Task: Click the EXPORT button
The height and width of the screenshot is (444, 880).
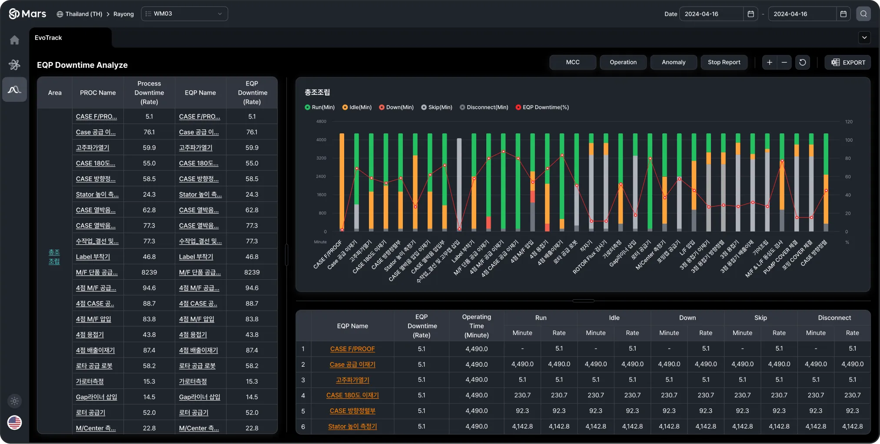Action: (x=848, y=63)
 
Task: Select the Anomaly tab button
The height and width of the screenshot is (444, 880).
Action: (x=673, y=63)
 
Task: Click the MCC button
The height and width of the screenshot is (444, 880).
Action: (x=572, y=63)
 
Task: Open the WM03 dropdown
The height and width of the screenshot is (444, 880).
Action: (x=184, y=14)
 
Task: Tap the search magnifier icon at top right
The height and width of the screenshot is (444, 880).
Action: (x=863, y=14)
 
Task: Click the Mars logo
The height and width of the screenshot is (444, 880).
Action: (x=27, y=14)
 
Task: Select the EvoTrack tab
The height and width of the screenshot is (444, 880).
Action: (x=48, y=38)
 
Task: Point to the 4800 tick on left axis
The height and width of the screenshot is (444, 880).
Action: (x=321, y=122)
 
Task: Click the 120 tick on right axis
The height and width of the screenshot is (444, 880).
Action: (x=849, y=122)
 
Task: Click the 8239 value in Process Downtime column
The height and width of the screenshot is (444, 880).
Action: (x=149, y=272)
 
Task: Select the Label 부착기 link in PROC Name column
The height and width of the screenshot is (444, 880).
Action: (x=93, y=257)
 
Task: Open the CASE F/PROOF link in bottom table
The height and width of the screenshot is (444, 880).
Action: (x=352, y=349)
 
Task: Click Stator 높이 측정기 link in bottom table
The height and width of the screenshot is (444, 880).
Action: (x=352, y=427)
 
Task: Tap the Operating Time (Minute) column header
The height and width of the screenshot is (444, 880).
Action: (x=476, y=326)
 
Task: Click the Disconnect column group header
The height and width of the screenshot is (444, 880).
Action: (x=834, y=318)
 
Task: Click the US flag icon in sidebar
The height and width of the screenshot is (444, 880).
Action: (x=15, y=422)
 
